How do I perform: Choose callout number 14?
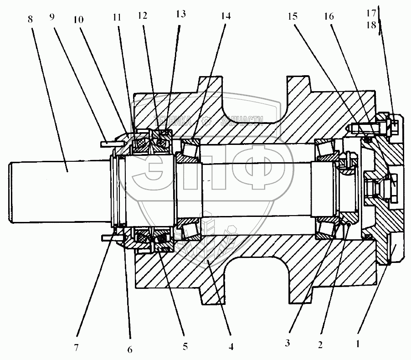tap(225, 17)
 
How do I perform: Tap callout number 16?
tap(329, 17)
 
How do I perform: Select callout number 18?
tap(372, 26)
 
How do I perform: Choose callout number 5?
tap(185, 346)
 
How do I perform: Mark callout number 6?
tap(130, 350)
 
